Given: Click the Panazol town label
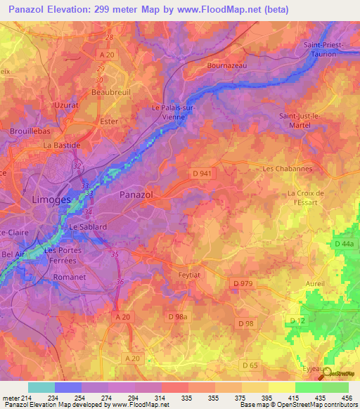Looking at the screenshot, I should (x=137, y=194).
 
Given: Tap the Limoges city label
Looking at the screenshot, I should (x=51, y=200).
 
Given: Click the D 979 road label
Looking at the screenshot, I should (x=243, y=283).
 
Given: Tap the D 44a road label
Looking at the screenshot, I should (x=345, y=243).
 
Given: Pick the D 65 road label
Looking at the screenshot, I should (x=250, y=365).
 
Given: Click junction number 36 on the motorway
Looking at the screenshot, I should (x=120, y=282).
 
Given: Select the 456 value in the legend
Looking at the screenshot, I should (x=347, y=398).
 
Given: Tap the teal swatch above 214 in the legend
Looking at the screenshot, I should (x=41, y=387).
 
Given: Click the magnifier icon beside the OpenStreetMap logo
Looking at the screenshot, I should (x=326, y=375).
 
